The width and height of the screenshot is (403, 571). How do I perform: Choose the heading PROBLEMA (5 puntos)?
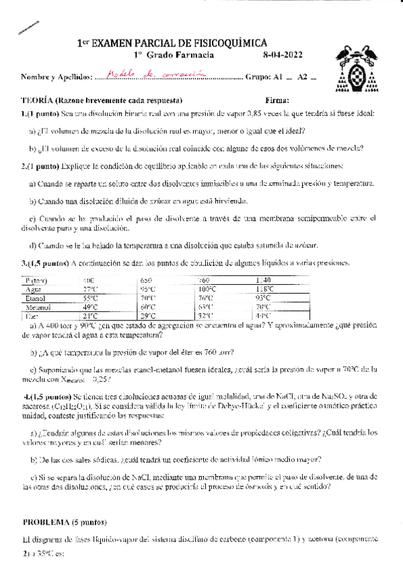coord(65,522)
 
